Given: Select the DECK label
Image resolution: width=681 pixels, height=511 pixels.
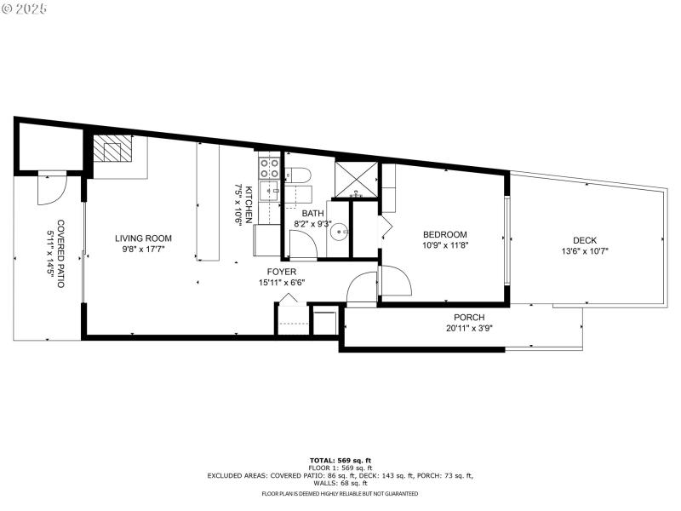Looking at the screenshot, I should tap(585, 240).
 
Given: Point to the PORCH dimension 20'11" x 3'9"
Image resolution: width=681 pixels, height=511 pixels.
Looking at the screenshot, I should tap(469, 328).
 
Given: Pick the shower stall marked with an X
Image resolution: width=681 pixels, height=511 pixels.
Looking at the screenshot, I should tap(354, 178).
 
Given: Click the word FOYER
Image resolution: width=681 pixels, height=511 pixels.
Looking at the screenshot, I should tap(282, 272).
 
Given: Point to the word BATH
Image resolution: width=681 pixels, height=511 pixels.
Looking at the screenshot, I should tap(312, 214).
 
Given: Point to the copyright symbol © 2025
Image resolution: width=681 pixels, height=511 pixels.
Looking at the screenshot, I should tap(24, 9).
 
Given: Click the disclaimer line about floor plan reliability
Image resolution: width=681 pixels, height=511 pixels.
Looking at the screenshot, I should tap(340, 493).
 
